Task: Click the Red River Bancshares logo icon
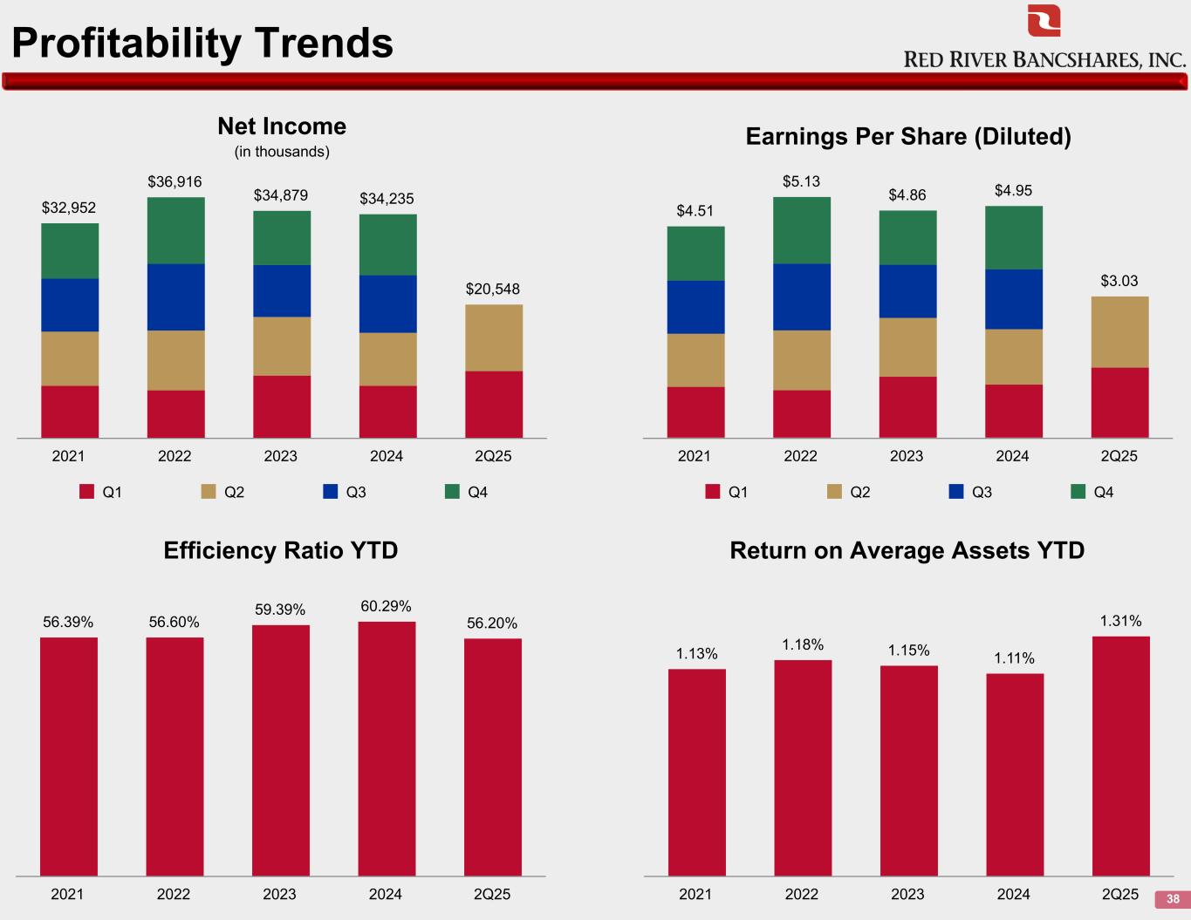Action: tap(1044, 20)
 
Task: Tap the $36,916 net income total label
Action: tap(175, 181)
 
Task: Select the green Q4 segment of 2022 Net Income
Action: tap(175, 231)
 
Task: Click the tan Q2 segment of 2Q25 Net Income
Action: tap(494, 337)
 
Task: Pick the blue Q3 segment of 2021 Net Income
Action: tap(70, 305)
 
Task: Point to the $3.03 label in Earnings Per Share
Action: tap(1119, 281)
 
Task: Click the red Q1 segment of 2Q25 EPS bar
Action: tap(1119, 402)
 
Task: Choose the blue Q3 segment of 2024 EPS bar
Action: tap(1014, 299)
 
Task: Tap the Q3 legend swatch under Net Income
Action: tap(330, 492)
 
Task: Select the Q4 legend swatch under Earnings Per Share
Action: tap(1078, 492)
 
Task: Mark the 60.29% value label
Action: tap(386, 606)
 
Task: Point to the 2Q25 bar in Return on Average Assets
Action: tap(1120, 755)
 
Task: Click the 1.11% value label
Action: tap(1014, 658)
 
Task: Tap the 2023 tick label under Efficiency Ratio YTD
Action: tap(279, 894)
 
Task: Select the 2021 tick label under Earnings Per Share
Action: tap(695, 456)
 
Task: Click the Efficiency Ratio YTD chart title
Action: tap(281, 550)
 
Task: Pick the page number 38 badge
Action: tap(1172, 899)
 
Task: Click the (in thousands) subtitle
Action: tap(282, 152)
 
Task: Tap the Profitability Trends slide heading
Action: tap(202, 43)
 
